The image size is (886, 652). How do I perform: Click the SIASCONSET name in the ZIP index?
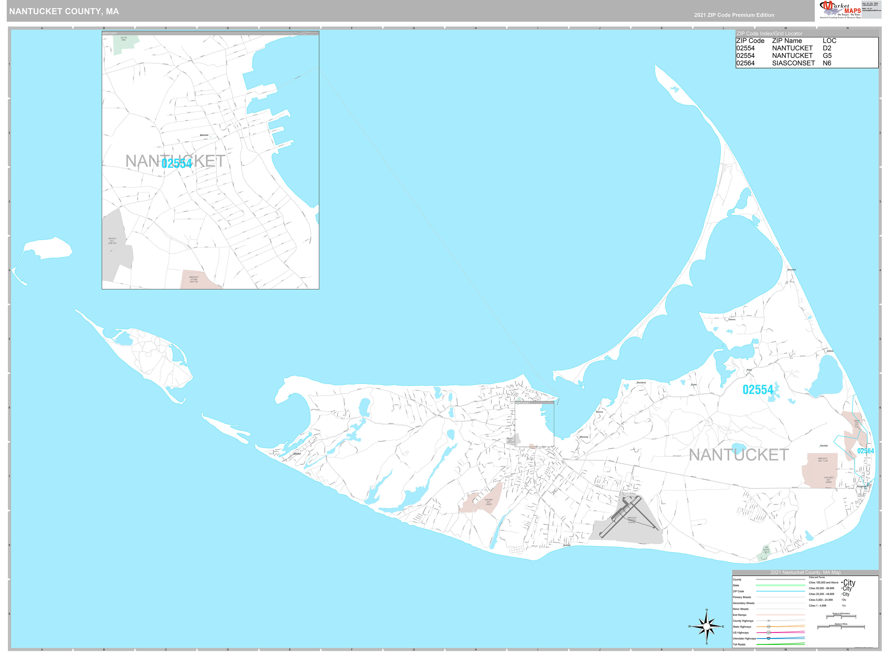793,63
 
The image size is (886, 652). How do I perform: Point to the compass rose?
706,626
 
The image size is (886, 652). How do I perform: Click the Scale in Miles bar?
841,627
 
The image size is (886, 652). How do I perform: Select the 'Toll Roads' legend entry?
739,644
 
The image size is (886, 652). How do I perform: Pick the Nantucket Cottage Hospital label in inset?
194,279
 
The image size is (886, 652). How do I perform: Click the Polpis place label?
749,370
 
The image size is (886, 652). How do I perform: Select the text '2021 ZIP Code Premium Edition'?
734,15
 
